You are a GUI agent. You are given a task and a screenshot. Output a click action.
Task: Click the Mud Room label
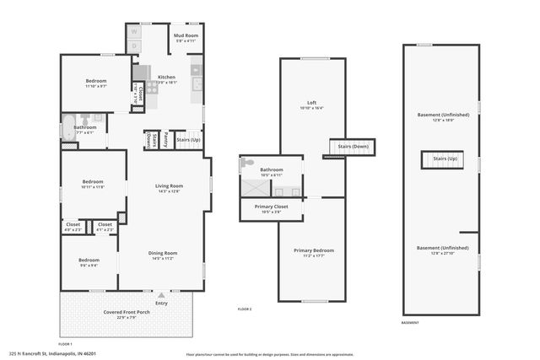186,35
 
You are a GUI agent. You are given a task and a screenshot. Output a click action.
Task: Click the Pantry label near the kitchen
166,139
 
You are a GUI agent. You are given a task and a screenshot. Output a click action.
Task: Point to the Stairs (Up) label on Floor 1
188,139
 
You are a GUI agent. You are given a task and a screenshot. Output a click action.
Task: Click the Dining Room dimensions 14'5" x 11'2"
163,259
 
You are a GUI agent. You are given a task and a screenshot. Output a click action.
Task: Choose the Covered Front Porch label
126,312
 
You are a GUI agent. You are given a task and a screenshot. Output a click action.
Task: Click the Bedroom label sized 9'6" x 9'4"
89,260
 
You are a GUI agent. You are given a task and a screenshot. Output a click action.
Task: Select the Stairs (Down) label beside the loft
349,146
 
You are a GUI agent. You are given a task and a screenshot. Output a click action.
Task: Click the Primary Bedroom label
313,250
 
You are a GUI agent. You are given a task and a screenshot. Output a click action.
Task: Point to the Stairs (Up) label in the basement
445,159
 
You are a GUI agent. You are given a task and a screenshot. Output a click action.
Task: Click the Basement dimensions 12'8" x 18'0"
442,120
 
